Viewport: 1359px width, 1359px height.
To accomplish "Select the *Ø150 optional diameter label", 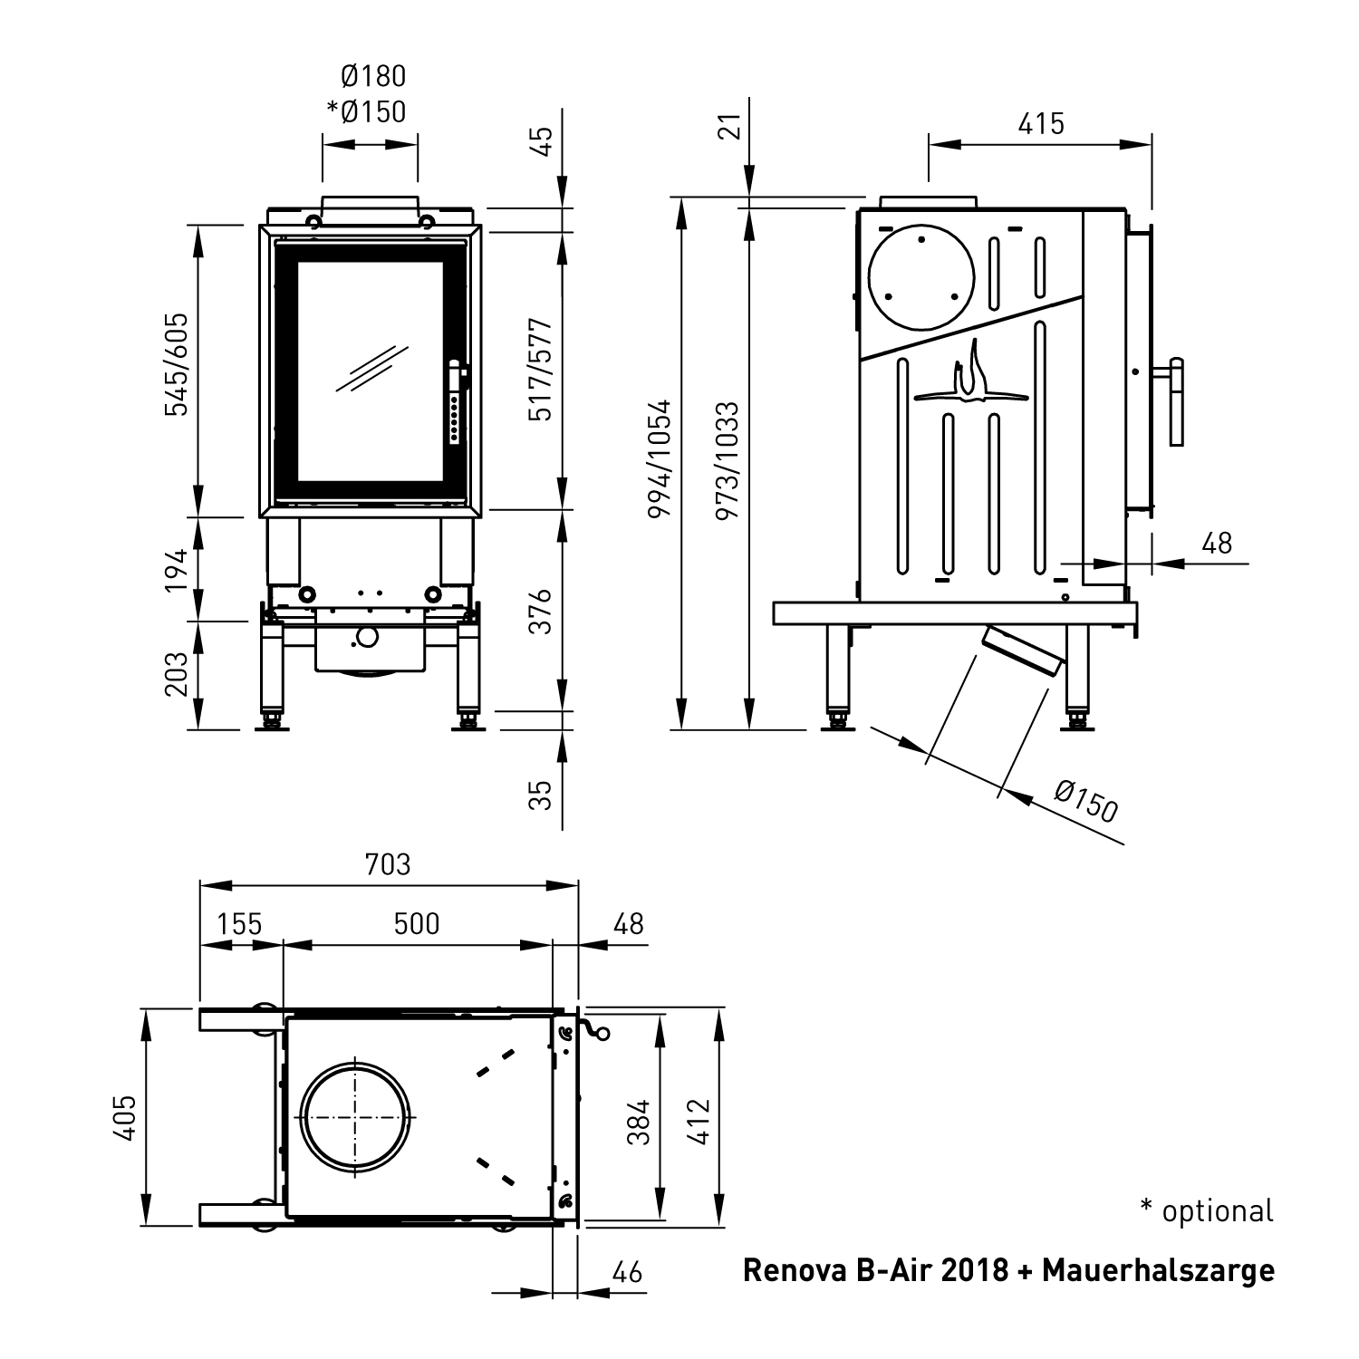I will click(x=367, y=111).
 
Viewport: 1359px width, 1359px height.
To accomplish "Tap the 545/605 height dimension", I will click(x=176, y=364).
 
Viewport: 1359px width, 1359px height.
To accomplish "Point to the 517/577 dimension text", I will click(x=540, y=370).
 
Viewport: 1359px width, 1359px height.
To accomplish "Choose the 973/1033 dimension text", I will click(x=728, y=461).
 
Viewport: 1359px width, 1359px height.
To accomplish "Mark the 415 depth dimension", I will click(x=1040, y=123).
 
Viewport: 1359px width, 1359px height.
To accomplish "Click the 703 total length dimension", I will click(x=388, y=864).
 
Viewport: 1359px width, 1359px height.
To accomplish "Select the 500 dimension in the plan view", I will click(x=417, y=923).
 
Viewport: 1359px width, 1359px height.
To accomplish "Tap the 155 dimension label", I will click(x=240, y=923).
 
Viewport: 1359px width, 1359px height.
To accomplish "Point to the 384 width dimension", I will click(x=639, y=1121).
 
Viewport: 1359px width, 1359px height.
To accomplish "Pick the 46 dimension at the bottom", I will click(x=627, y=1272).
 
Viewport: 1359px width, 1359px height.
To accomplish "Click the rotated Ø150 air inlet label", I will click(x=1086, y=801).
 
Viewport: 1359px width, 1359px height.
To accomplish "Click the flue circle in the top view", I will click(x=356, y=1115).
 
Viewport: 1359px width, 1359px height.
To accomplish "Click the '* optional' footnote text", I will click(x=1207, y=1210).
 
